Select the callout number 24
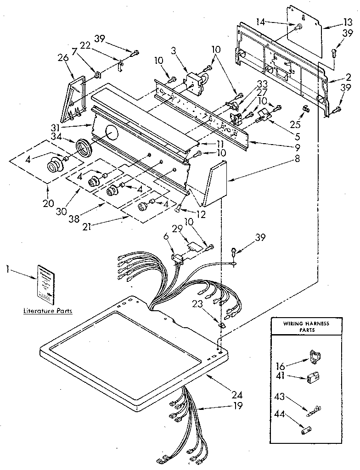(237, 394)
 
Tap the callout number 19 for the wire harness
(237, 406)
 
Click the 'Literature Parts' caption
(48, 311)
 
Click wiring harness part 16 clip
(315, 355)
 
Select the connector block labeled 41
(313, 377)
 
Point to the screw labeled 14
(298, 26)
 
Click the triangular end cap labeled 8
(217, 184)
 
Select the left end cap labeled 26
(75, 97)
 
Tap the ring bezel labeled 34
(84, 148)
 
